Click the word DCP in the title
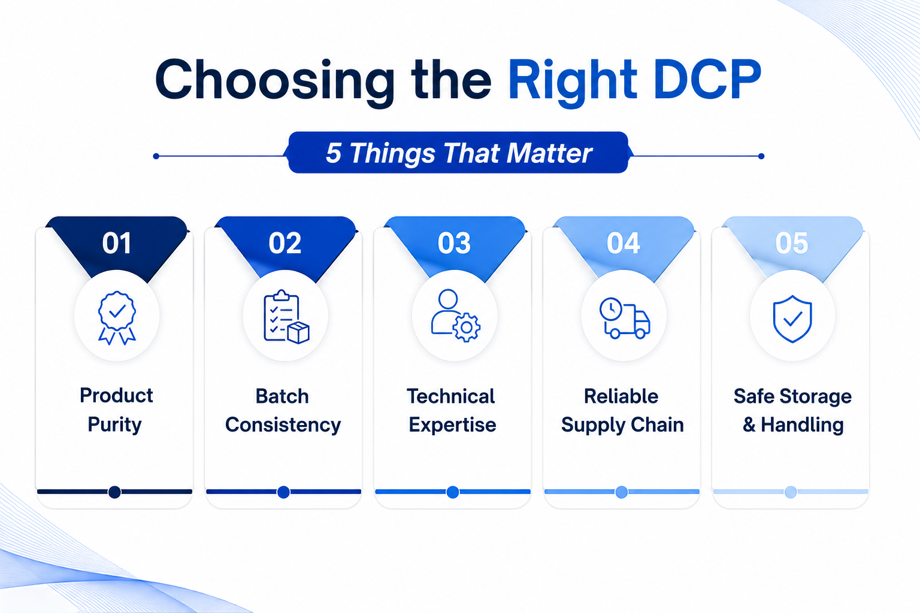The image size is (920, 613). click(x=707, y=80)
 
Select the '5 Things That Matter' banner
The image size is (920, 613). click(x=458, y=152)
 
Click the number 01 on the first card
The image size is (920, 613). click(x=117, y=242)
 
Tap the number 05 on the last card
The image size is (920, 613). click(x=792, y=242)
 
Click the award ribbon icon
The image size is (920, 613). click(x=117, y=317)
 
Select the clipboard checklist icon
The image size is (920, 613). click(x=286, y=317)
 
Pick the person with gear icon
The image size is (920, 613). click(x=455, y=315)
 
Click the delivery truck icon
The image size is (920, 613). click(x=625, y=318)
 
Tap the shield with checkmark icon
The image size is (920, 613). click(x=792, y=318)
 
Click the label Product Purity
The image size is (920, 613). click(x=116, y=409)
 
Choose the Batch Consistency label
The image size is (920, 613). click(x=283, y=410)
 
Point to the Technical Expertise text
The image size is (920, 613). click(x=452, y=410)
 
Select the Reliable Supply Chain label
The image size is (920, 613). click(x=622, y=410)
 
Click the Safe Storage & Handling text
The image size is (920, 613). click(x=792, y=410)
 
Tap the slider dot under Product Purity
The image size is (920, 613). click(x=114, y=491)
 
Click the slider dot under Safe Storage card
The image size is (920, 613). click(x=791, y=491)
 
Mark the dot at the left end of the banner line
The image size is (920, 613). click(x=156, y=156)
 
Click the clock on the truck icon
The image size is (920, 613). click(x=611, y=309)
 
